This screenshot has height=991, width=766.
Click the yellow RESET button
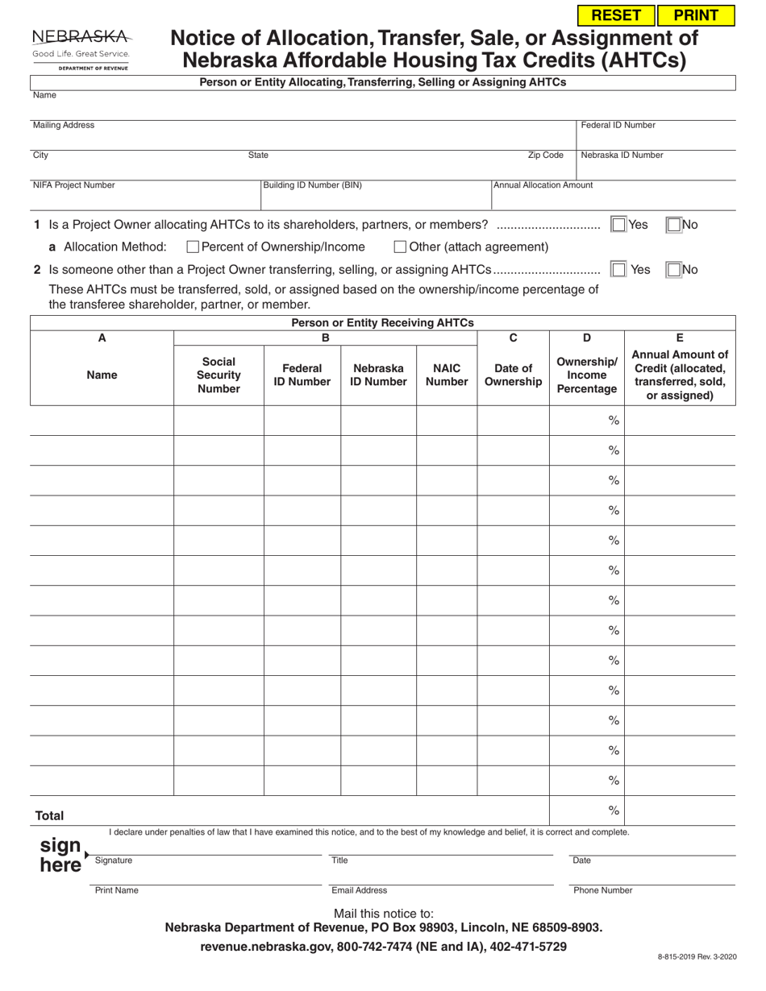(x=617, y=15)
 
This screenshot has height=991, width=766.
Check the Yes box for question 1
(x=618, y=225)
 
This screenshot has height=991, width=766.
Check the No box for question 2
(x=674, y=270)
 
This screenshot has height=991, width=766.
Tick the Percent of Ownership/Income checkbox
(x=193, y=247)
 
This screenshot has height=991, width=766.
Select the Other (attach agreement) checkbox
(x=400, y=247)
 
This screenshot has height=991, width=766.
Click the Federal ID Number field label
(x=618, y=125)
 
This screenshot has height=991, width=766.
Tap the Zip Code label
(x=545, y=155)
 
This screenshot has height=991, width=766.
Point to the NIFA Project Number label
(x=73, y=185)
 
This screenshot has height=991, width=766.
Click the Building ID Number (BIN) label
(x=312, y=185)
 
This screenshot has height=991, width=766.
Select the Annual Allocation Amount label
(x=543, y=185)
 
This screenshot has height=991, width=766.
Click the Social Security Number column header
(x=219, y=375)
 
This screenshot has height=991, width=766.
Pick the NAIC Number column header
(x=447, y=375)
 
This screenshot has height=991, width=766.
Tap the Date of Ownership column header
(x=513, y=375)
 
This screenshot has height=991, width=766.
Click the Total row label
(x=49, y=816)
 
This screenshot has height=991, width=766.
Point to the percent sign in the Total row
(x=614, y=811)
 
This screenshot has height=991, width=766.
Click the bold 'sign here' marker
(x=61, y=855)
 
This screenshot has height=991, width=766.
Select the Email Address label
(x=359, y=890)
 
